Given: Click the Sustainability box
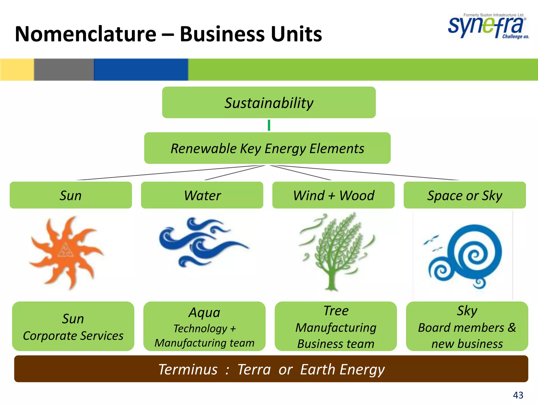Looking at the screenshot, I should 269,103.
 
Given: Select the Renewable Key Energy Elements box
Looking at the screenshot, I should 267,148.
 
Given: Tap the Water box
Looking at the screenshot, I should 202,195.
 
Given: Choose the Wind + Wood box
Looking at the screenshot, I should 333,195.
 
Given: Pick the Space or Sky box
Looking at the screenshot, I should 464,195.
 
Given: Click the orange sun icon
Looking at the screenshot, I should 66,252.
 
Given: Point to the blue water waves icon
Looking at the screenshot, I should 202,242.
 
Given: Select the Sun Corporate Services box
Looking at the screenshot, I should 73,326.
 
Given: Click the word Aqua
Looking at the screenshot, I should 204,312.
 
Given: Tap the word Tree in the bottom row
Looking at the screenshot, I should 336,311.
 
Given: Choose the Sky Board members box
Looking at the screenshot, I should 467,326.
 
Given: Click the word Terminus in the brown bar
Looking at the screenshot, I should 188,369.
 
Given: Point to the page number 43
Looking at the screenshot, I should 518,395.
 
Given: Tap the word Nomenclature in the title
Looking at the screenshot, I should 86,34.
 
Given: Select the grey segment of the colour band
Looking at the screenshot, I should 64,69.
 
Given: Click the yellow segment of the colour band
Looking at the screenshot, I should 17,69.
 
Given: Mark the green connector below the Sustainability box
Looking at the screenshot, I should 269,125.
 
